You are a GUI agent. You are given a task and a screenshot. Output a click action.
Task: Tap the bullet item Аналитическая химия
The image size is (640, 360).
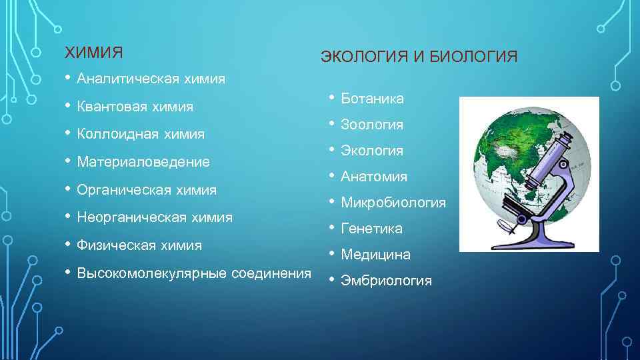tap(151, 79)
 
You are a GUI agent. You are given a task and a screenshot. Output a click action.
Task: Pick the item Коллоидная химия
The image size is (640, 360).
tap(141, 134)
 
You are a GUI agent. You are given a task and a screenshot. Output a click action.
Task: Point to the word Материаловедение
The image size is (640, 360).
tap(143, 162)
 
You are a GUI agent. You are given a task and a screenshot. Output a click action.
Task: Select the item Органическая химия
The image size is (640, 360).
tap(147, 190)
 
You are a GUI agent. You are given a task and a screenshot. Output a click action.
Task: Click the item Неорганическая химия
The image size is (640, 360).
tap(155, 217)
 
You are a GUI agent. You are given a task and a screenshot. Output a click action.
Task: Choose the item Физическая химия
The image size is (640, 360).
tap(139, 245)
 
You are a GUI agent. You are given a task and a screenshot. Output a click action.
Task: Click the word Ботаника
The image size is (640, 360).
tap(372, 99)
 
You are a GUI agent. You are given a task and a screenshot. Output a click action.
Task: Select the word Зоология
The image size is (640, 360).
tap(372, 125)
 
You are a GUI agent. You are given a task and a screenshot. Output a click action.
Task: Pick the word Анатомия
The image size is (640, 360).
tap(373, 177)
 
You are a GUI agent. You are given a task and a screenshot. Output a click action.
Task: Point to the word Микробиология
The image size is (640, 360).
tap(393, 203)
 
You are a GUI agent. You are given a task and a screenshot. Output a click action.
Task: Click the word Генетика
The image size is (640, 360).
tap(371, 229)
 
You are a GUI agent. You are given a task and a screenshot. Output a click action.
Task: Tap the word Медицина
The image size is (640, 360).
tap(375, 255)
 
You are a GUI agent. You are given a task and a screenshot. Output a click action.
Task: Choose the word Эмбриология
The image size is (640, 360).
tap(386, 281)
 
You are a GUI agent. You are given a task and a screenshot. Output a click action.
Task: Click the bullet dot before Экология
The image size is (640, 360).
tap(331, 150)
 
